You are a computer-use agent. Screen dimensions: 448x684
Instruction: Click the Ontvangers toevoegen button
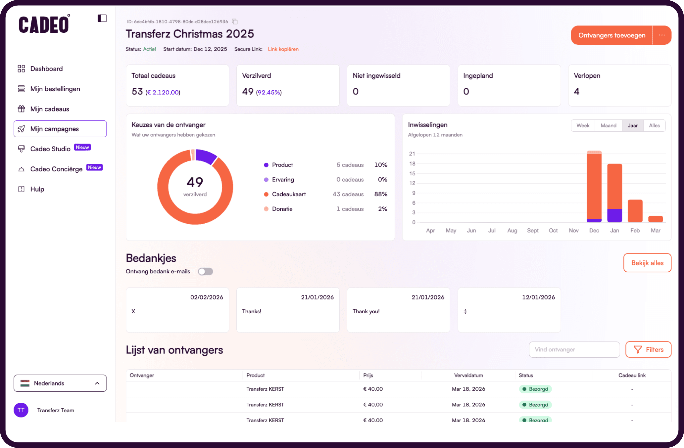click(611, 35)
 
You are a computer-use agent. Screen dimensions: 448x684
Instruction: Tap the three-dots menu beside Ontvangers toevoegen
click(661, 35)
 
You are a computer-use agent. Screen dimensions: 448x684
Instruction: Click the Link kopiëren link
click(283, 49)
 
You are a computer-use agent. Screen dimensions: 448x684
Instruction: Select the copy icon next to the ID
click(235, 22)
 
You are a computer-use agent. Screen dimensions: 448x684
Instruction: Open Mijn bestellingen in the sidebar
click(55, 89)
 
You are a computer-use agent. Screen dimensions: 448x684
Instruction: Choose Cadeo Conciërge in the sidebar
click(56, 169)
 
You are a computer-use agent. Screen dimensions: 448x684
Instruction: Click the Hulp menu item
click(37, 189)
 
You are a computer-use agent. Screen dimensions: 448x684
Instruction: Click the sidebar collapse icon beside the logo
click(102, 19)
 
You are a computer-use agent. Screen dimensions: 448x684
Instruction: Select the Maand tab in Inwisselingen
click(608, 126)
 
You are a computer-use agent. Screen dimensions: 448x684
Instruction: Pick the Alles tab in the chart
click(654, 126)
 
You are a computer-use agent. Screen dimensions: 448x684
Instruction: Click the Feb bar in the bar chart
click(635, 211)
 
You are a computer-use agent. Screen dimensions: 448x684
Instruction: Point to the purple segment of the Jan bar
click(614, 216)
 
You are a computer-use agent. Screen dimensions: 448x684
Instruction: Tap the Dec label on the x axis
click(594, 231)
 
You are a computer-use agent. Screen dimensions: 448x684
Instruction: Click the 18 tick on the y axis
click(412, 164)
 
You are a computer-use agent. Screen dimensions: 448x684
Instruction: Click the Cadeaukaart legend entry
click(289, 194)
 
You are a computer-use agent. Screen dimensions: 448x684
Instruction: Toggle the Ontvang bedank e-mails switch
click(205, 272)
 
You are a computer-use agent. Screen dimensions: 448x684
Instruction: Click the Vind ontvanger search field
click(574, 350)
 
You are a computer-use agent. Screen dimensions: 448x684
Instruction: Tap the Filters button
click(648, 350)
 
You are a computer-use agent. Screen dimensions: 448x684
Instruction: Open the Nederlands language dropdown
click(60, 383)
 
